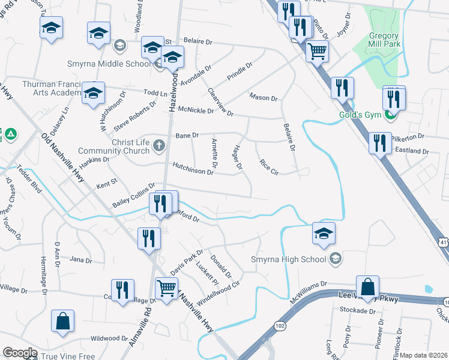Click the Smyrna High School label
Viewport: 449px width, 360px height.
tap(288, 260)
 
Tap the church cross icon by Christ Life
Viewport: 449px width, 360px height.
tap(159, 145)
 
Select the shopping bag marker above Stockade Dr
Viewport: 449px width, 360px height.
tap(367, 287)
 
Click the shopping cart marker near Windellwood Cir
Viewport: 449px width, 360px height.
tap(166, 288)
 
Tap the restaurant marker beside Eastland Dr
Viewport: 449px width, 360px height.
tap(381, 143)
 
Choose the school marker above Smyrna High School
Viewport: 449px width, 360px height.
tap(324, 233)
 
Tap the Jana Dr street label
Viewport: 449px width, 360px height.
tap(80, 260)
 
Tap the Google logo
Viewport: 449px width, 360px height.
tap(20, 353)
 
